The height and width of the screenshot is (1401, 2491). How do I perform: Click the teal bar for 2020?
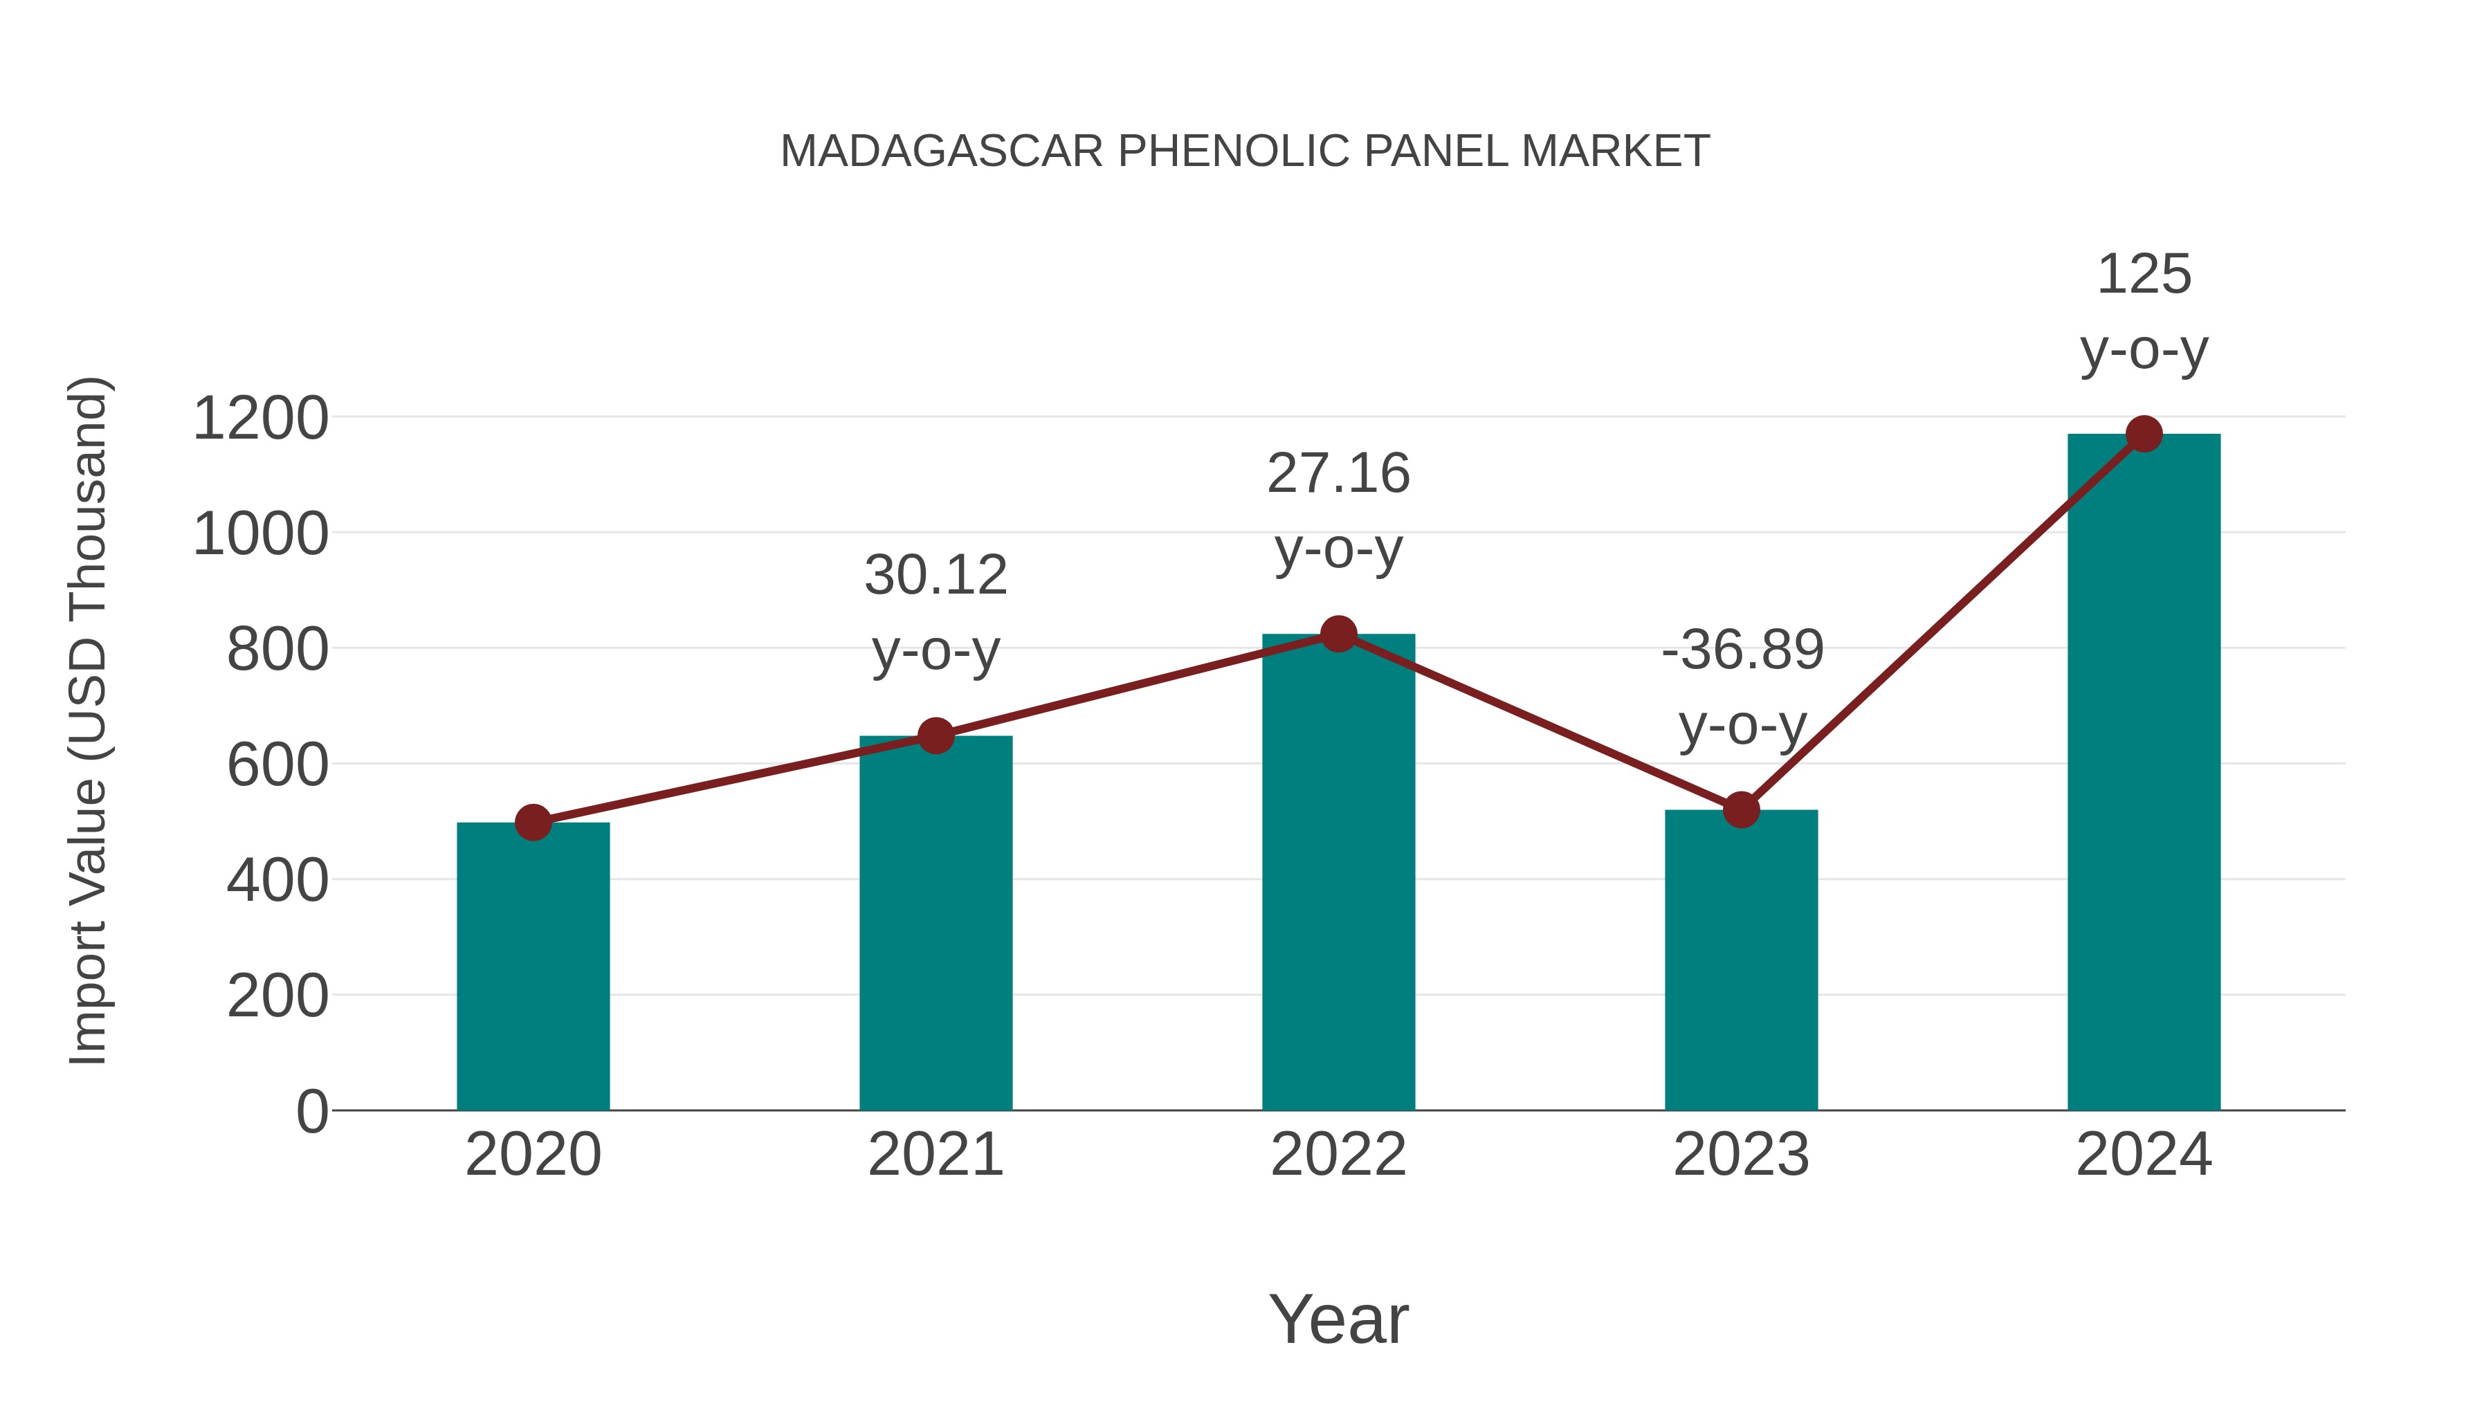(533, 967)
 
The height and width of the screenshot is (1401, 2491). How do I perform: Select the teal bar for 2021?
(935, 924)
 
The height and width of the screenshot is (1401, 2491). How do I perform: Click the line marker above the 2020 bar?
(533, 823)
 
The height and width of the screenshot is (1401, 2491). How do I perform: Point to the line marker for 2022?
(1338, 634)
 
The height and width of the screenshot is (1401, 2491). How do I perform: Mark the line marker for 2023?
(1741, 810)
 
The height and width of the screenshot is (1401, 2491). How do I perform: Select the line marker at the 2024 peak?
(2144, 434)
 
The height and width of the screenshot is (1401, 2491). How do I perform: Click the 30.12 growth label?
(935, 576)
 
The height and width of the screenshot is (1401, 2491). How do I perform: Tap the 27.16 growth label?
(1338, 474)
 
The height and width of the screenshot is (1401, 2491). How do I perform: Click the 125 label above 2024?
(2144, 275)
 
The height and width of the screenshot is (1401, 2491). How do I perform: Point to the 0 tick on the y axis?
(311, 1111)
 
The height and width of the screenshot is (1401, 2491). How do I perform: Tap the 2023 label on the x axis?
(1741, 1155)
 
